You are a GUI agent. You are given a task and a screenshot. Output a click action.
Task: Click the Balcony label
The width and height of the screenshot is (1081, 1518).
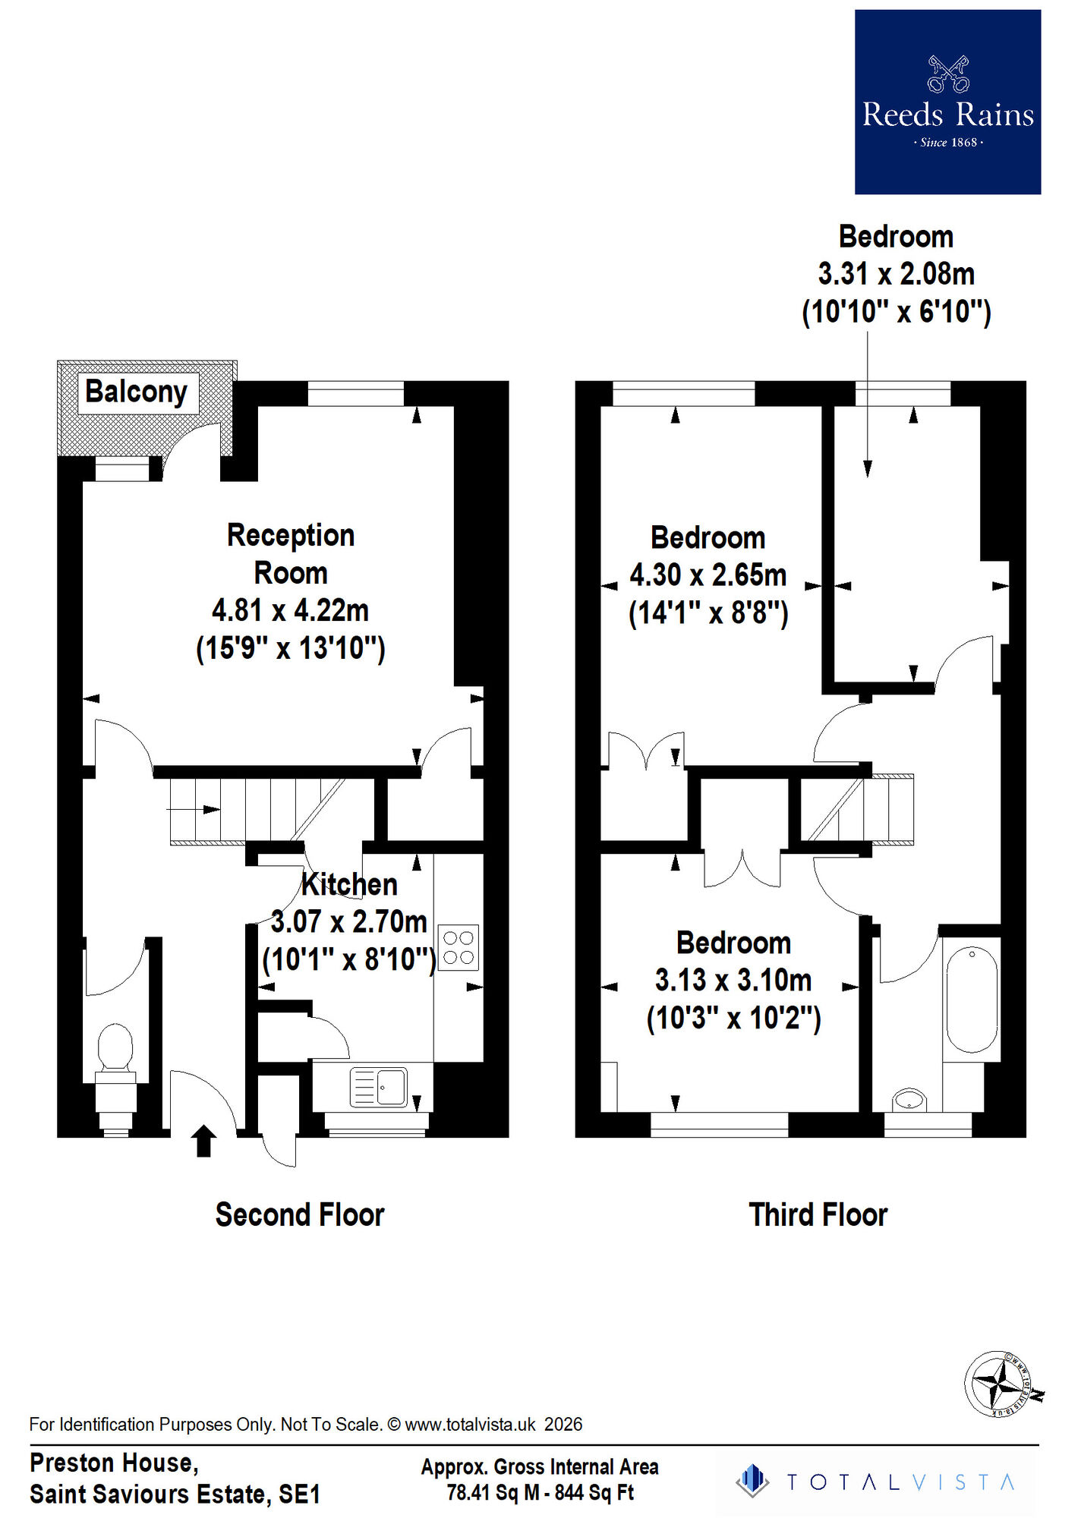pos(137,392)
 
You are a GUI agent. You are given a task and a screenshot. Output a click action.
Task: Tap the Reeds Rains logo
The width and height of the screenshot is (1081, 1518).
pos(947,102)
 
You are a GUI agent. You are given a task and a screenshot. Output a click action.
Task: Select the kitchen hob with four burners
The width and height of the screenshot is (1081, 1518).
pos(459,947)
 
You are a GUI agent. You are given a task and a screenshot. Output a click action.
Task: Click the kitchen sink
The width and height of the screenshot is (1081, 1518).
pos(379,1087)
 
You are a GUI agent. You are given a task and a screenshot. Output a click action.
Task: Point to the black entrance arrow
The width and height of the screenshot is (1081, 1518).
pos(203,1141)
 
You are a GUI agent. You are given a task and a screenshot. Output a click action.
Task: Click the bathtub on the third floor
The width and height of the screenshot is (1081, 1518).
pos(972,998)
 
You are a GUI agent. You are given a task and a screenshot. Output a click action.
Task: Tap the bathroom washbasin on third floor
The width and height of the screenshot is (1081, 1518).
pos(909,1099)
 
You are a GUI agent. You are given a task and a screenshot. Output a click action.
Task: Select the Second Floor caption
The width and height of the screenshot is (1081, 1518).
pos(300,1215)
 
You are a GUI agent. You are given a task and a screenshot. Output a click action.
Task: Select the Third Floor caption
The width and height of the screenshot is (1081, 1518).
pos(818,1215)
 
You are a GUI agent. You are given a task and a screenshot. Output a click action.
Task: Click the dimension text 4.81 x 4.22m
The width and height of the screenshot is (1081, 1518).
pos(290,610)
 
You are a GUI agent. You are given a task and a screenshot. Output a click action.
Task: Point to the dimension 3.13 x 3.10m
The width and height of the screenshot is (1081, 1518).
pos(733,981)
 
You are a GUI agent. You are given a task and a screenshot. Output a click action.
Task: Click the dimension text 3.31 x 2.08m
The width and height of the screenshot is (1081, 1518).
pos(896,274)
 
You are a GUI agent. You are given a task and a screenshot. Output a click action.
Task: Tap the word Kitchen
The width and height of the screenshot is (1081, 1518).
pos(349,885)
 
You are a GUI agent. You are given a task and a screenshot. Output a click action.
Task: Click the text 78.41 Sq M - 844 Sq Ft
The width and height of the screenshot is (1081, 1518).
pos(540,1493)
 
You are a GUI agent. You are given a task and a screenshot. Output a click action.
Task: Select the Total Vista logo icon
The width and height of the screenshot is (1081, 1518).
pos(752,1481)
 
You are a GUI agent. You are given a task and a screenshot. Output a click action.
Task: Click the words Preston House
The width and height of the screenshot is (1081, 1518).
pos(114,1463)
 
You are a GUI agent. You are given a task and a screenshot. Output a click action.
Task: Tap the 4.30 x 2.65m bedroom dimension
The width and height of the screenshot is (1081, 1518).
pos(708,575)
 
